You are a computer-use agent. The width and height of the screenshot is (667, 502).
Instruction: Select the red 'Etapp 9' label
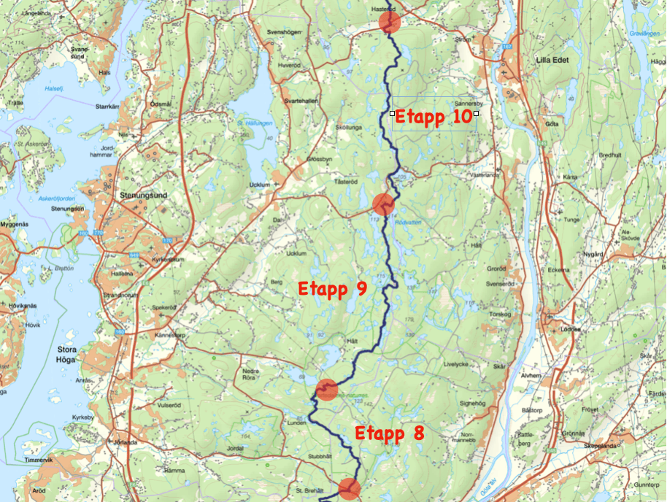[332, 289]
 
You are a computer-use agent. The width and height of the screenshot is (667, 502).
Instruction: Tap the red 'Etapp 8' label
[389, 433]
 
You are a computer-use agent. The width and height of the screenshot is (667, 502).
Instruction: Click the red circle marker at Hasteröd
[390, 22]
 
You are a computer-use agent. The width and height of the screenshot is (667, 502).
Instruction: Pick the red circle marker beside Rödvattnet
[383, 204]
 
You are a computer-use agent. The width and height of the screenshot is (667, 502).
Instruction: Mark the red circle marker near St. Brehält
[350, 489]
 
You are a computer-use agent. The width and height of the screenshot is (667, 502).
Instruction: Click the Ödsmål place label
[160, 104]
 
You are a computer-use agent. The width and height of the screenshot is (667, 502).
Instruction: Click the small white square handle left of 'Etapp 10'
[392, 113]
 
